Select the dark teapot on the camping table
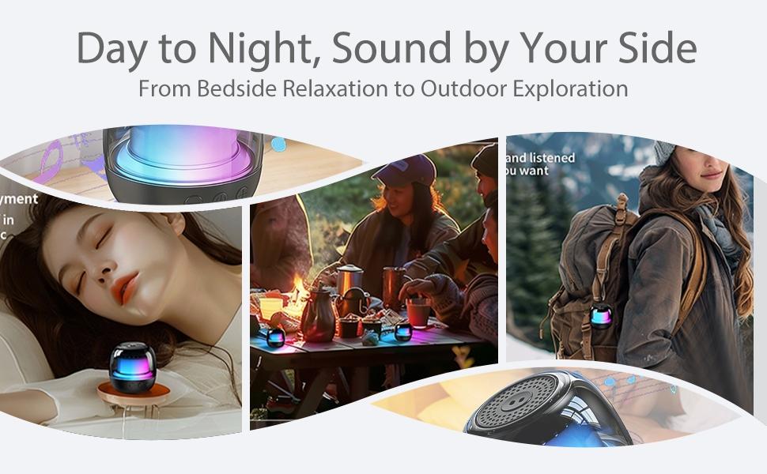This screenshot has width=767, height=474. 316,314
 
